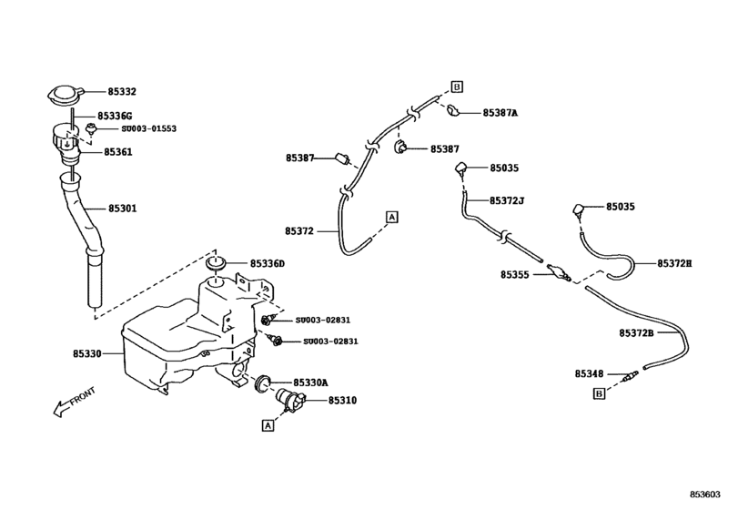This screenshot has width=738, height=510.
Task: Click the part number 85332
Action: click(x=122, y=93)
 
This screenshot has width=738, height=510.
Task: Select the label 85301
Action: click(x=122, y=209)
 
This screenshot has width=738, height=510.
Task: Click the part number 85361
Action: click(x=117, y=152)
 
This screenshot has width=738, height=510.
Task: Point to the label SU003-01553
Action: click(x=148, y=129)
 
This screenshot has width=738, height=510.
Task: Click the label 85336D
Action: click(x=268, y=264)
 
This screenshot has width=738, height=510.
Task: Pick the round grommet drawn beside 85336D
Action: click(x=216, y=264)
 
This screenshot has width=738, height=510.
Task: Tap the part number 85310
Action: click(x=342, y=401)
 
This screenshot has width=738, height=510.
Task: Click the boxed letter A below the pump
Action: click(x=268, y=424)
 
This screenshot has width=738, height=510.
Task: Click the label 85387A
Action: click(x=500, y=114)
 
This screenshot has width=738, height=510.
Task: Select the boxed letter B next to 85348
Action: click(x=598, y=393)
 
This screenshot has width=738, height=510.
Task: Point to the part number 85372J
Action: click(x=508, y=200)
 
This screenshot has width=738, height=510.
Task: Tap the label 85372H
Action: click(x=674, y=263)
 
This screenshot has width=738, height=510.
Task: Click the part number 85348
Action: click(x=589, y=373)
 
